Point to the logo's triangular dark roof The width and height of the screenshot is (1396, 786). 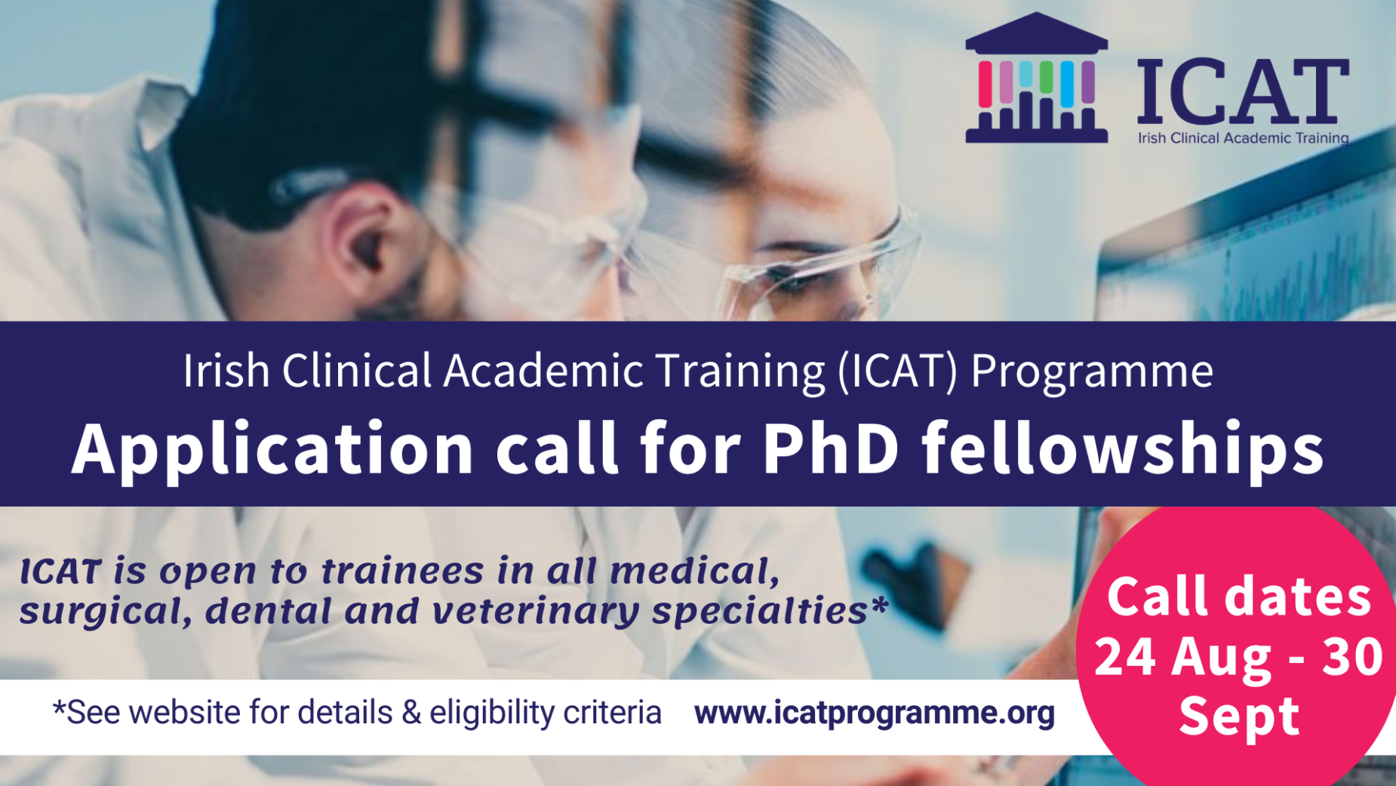coord(1037,33)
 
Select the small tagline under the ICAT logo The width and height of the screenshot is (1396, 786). coord(1243,138)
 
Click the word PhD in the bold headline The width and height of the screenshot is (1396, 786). coord(831,448)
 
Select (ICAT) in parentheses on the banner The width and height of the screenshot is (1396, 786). coord(897,371)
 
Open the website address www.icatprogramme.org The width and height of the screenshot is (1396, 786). coord(875,713)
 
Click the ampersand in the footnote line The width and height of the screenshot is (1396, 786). coord(411,713)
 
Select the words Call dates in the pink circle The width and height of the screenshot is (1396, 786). coord(1239,597)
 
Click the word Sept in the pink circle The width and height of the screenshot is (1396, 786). coord(1239,716)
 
